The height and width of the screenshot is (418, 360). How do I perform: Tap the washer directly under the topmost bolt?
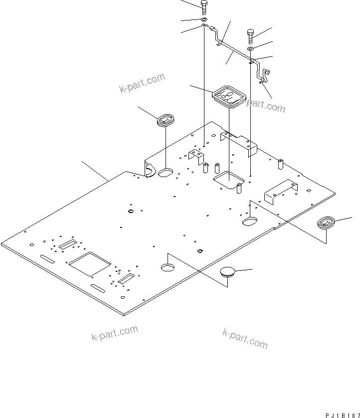click(x=204, y=19)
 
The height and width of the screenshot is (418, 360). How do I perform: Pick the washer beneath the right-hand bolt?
click(x=251, y=48)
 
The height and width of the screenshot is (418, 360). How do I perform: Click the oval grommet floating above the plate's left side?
click(x=165, y=120)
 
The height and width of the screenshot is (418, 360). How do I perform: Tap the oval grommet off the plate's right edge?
click(x=327, y=222)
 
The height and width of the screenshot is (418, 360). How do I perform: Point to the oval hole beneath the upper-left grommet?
click(x=166, y=173)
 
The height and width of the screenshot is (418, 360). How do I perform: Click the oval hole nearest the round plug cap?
click(x=168, y=267)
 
